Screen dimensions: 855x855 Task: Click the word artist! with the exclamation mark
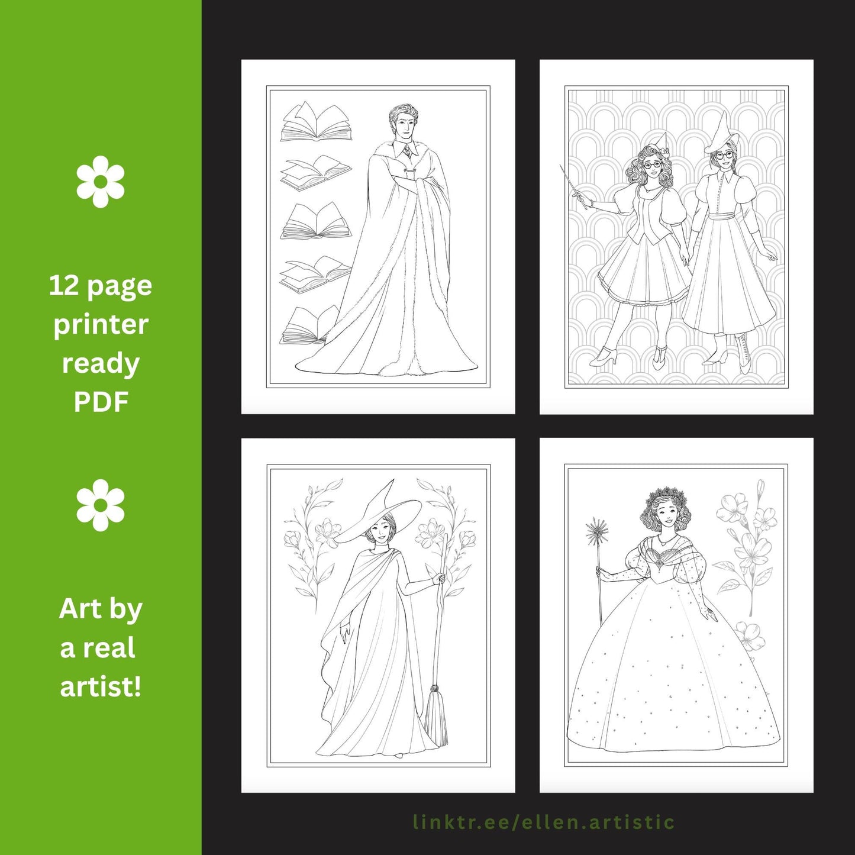point(101,686)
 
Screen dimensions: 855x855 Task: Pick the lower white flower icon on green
point(101,505)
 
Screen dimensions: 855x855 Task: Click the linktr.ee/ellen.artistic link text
point(544,822)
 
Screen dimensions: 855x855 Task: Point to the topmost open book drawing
point(316,121)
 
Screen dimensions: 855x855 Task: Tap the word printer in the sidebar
point(101,325)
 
